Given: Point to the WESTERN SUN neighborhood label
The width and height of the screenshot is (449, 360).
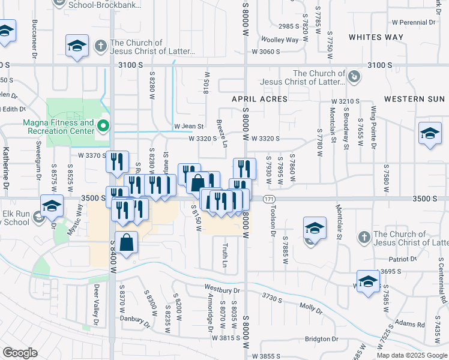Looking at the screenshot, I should click(x=414, y=98).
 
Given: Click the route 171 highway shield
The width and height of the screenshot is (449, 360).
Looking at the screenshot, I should click(x=268, y=199).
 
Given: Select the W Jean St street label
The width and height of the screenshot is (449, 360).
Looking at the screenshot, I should click(x=190, y=126).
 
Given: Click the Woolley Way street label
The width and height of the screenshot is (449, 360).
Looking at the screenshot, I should click(x=280, y=40).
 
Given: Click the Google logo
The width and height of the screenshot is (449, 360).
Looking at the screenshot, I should click(x=20, y=352).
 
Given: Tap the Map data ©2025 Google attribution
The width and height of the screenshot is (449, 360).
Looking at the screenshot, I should click(x=411, y=355).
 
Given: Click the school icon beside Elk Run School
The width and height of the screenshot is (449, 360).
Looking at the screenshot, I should click(x=52, y=205).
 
